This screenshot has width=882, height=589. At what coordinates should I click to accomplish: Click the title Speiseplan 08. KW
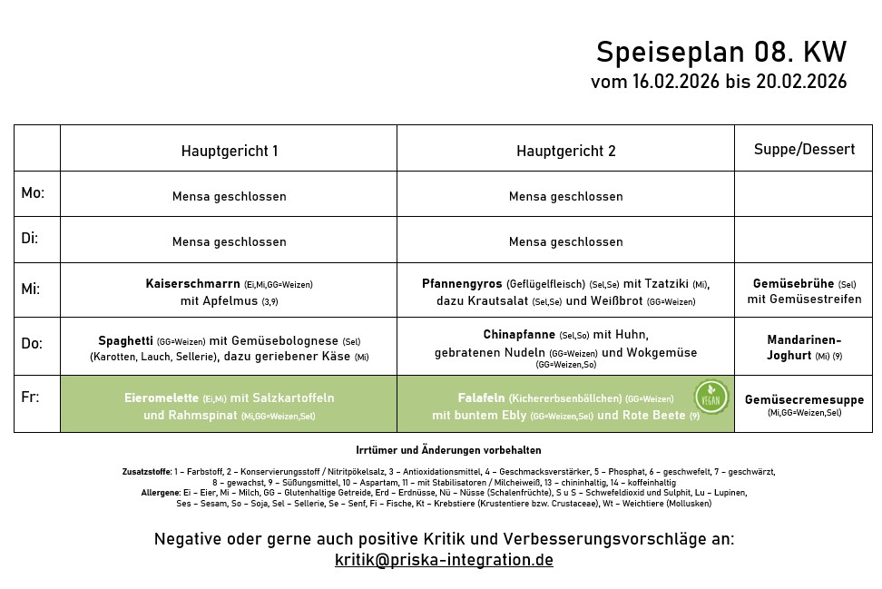[x=720, y=51]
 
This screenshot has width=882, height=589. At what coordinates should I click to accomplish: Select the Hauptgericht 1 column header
[x=229, y=151]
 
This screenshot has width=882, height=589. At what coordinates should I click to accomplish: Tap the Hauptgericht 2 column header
[x=565, y=151]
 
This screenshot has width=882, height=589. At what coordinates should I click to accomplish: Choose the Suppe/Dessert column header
[x=804, y=149]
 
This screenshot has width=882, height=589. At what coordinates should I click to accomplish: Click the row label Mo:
[x=33, y=193]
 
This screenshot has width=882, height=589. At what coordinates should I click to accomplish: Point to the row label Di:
[x=30, y=239]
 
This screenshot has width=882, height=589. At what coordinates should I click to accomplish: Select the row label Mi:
[x=31, y=289]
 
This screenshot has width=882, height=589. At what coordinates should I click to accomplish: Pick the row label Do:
[x=33, y=343]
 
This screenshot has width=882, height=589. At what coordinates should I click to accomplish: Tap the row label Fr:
[x=29, y=398]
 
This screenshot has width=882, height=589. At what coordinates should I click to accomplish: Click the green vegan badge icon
[x=710, y=397]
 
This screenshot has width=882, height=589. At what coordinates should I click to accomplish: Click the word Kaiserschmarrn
[x=193, y=284]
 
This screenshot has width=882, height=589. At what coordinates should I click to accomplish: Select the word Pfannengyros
[x=462, y=284]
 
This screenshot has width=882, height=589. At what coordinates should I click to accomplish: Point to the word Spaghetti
[x=126, y=340]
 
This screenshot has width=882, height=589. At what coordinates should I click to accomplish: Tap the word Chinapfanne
[x=519, y=335]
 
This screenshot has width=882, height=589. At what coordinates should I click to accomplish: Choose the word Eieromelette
[x=162, y=398]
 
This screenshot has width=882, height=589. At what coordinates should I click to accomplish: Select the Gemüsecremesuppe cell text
[x=804, y=400]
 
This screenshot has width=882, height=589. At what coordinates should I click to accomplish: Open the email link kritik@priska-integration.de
[x=444, y=560]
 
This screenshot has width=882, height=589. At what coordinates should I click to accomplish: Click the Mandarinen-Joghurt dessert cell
[x=804, y=348]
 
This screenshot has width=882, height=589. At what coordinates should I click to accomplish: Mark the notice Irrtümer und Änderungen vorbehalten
[x=448, y=450]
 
